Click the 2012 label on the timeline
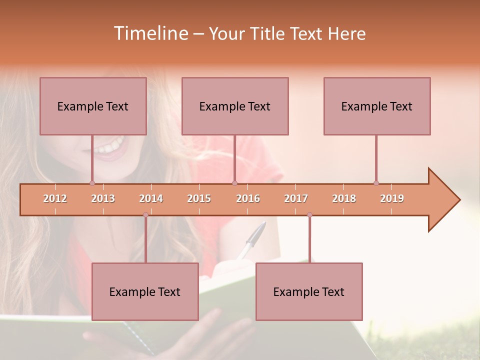(55, 198)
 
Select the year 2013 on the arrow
(103, 198)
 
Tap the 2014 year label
(151, 198)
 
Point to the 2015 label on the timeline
(199, 198)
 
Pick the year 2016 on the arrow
(248, 198)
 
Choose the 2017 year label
(296, 198)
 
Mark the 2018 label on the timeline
(344, 198)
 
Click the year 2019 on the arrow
(392, 198)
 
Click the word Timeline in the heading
(149, 33)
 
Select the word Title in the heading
(268, 34)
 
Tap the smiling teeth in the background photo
(110, 147)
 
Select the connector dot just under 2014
(145, 214)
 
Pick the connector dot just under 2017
(309, 214)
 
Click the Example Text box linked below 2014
(145, 292)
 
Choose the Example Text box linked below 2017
(309, 292)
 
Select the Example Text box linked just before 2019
(377, 106)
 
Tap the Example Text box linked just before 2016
(235, 106)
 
